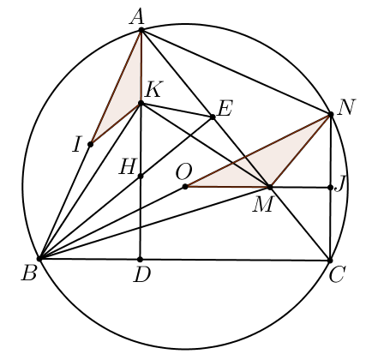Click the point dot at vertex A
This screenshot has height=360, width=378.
[141, 30]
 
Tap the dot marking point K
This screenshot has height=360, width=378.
[141, 103]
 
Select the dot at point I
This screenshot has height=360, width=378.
[90, 144]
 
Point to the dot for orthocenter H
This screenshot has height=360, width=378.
[141, 177]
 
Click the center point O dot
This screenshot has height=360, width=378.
[185, 187]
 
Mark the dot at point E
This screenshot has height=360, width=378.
[213, 117]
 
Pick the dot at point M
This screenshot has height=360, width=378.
[269, 187]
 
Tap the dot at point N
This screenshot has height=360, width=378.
[331, 115]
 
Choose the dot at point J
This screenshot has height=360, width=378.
[331, 188]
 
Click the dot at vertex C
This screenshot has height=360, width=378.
[330, 261]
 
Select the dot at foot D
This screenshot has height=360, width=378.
[140, 260]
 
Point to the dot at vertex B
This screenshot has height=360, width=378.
[40, 259]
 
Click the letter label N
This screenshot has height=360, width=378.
[346, 107]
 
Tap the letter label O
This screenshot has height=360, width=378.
[183, 172]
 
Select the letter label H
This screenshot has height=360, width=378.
[127, 166]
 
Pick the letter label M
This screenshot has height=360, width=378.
[262, 205]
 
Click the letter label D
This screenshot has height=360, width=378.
[142, 275]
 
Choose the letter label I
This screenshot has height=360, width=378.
[76, 144]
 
